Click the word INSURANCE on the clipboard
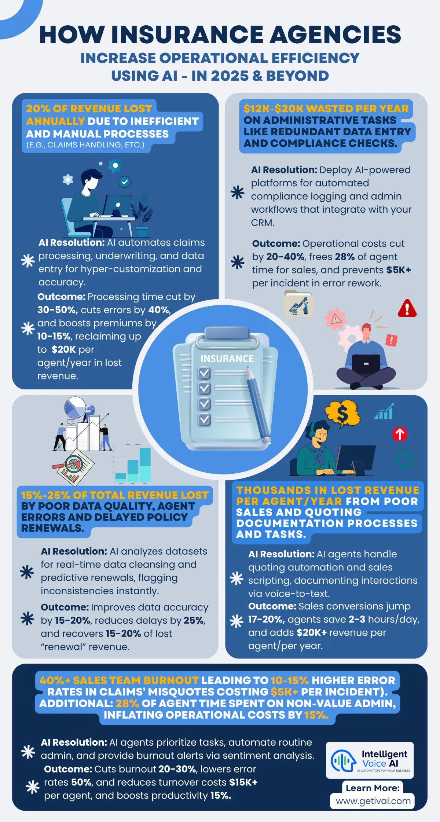(227, 359)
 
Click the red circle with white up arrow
(400, 434)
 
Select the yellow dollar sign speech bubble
(342, 414)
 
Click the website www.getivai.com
(373, 801)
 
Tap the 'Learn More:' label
(373, 788)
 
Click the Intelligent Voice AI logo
(370, 760)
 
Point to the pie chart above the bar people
(75, 407)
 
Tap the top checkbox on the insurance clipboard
(204, 373)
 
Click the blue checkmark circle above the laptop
(125, 181)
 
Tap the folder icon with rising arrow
(298, 304)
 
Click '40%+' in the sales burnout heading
(55, 680)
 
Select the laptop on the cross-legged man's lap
(366, 364)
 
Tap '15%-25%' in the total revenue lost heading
(45, 495)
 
